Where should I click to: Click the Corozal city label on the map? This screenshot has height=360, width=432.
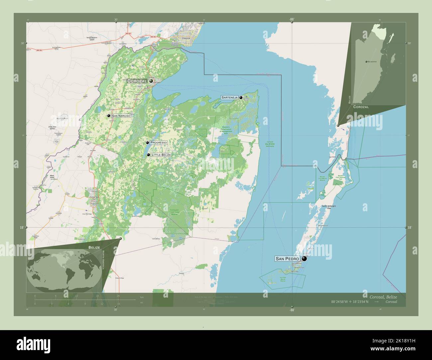pos(137,81)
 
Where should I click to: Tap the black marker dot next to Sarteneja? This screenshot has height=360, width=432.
pos(241,98)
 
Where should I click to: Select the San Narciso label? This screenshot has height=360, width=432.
pos(121,116)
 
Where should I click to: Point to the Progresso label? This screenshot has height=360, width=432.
pos(158,142)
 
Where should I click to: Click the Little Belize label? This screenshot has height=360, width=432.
pos(161,155)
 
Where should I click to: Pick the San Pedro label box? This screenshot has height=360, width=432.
pos(287,259)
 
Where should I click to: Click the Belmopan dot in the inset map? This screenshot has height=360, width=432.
pos(366,62)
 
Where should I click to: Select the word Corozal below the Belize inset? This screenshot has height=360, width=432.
pos(361,107)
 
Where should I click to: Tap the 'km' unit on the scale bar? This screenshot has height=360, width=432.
pos(142,297)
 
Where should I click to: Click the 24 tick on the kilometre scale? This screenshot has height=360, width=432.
pos(118,296)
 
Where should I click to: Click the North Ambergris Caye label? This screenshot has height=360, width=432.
pos(329,207)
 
